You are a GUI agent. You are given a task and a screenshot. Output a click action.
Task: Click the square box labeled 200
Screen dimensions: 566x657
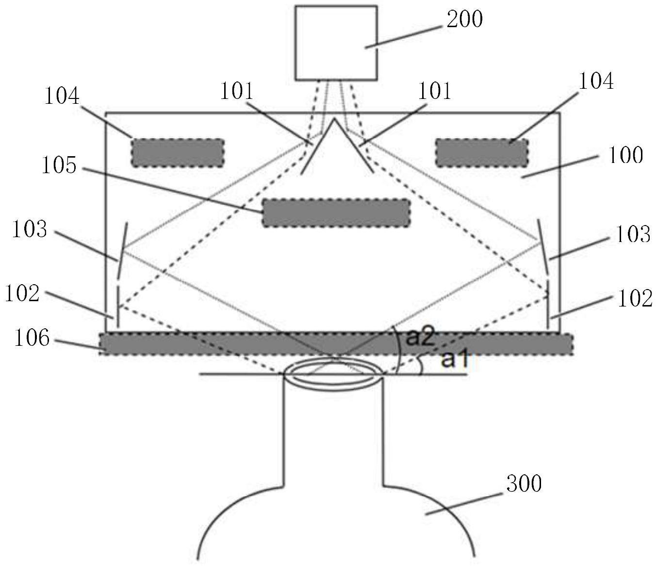point(336,43)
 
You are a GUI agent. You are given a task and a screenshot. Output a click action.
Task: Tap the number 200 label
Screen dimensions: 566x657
point(464,19)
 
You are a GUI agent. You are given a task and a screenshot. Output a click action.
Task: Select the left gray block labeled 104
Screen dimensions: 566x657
point(178,153)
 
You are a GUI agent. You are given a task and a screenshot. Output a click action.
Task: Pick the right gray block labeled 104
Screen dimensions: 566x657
point(482,153)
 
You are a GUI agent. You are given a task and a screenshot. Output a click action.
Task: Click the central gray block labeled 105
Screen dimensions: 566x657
point(336,213)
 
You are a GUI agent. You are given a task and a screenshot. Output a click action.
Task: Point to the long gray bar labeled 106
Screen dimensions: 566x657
point(336,344)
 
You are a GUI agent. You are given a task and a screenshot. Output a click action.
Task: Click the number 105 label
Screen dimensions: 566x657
point(59,166)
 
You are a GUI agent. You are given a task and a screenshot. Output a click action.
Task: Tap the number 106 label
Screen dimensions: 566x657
point(32,338)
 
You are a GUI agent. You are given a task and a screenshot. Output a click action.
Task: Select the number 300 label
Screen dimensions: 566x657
point(524,484)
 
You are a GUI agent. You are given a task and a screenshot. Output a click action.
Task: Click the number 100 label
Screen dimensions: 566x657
point(625,156)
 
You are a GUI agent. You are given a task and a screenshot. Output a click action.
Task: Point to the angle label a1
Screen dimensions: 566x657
point(454,360)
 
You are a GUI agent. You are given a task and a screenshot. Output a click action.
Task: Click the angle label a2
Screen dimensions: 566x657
point(419,337)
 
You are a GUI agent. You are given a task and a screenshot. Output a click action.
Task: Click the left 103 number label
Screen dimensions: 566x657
point(30,229)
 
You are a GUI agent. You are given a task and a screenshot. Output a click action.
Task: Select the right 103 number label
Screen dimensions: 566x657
point(633,235)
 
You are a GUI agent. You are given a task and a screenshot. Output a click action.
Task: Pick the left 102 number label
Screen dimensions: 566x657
point(22,293)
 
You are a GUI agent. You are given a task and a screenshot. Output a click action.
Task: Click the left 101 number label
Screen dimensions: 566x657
point(237,91)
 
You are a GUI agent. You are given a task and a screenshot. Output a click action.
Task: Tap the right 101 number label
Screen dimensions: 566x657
point(435,91)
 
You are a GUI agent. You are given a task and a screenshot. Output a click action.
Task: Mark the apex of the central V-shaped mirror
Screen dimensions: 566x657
point(333,119)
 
